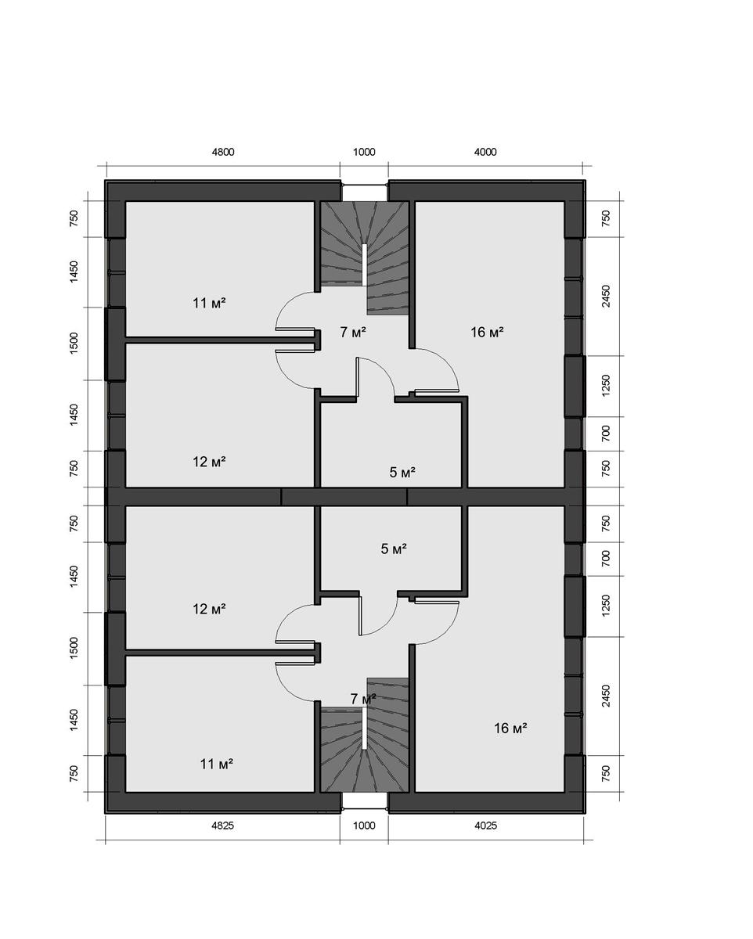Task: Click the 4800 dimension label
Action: (222, 153)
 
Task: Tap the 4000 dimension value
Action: (485, 153)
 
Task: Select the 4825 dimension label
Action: (222, 826)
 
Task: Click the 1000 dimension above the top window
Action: (364, 153)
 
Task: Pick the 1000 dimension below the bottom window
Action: (364, 826)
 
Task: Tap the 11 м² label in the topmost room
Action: (209, 303)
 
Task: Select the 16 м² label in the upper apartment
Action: (486, 333)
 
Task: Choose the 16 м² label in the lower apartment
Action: (510, 729)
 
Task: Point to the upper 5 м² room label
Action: (402, 472)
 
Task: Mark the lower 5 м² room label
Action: (393, 549)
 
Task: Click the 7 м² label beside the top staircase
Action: (353, 333)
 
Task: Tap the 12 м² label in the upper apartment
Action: (209, 462)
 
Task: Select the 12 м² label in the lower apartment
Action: (209, 609)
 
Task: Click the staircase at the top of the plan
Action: (365, 254)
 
